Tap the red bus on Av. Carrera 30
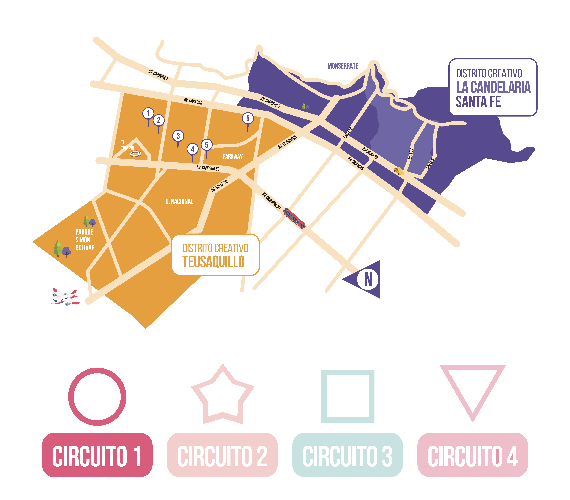pos(294,218)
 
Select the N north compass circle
pos(368,279)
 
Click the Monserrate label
pos(343,66)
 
